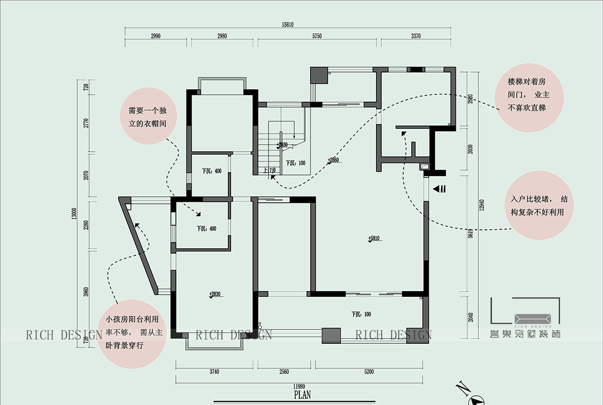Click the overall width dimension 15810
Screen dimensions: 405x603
pyautogui.click(x=288, y=25)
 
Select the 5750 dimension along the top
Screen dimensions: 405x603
pyautogui.click(x=318, y=36)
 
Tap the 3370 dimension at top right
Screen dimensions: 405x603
pyautogui.click(x=415, y=36)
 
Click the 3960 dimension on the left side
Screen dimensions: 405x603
pyautogui.click(x=86, y=292)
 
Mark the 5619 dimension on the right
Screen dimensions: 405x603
pyautogui.click(x=469, y=233)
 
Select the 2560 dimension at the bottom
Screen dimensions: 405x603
pyautogui.click(x=284, y=372)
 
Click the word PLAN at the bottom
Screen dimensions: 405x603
pyautogui.click(x=302, y=394)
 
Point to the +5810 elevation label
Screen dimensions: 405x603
pyautogui.click(x=375, y=239)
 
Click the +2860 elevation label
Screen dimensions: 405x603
pyautogui.click(x=333, y=160)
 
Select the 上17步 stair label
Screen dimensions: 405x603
pyautogui.click(x=269, y=170)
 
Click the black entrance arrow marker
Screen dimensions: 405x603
pyautogui.click(x=439, y=188)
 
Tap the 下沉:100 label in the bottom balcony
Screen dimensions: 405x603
pyautogui.click(x=361, y=314)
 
